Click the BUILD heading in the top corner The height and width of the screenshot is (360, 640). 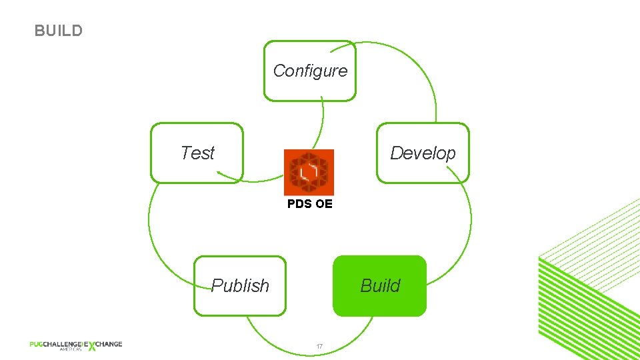tap(59, 31)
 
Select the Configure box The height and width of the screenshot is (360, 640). tap(310, 71)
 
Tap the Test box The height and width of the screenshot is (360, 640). tap(197, 153)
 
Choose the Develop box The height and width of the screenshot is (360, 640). tap(423, 153)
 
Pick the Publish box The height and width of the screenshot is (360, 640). tap(240, 285)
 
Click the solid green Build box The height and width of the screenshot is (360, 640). tap(379, 285)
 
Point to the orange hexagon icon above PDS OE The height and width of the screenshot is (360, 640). tap(309, 172)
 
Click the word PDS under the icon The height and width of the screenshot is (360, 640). tap(299, 204)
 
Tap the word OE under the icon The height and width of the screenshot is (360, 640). tap(323, 204)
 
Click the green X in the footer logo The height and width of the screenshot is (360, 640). tap(91, 345)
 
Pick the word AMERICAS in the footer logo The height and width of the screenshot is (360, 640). tap(70, 349)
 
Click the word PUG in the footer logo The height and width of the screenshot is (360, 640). tap(37, 344)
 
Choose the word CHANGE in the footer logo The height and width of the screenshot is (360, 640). tap(109, 344)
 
